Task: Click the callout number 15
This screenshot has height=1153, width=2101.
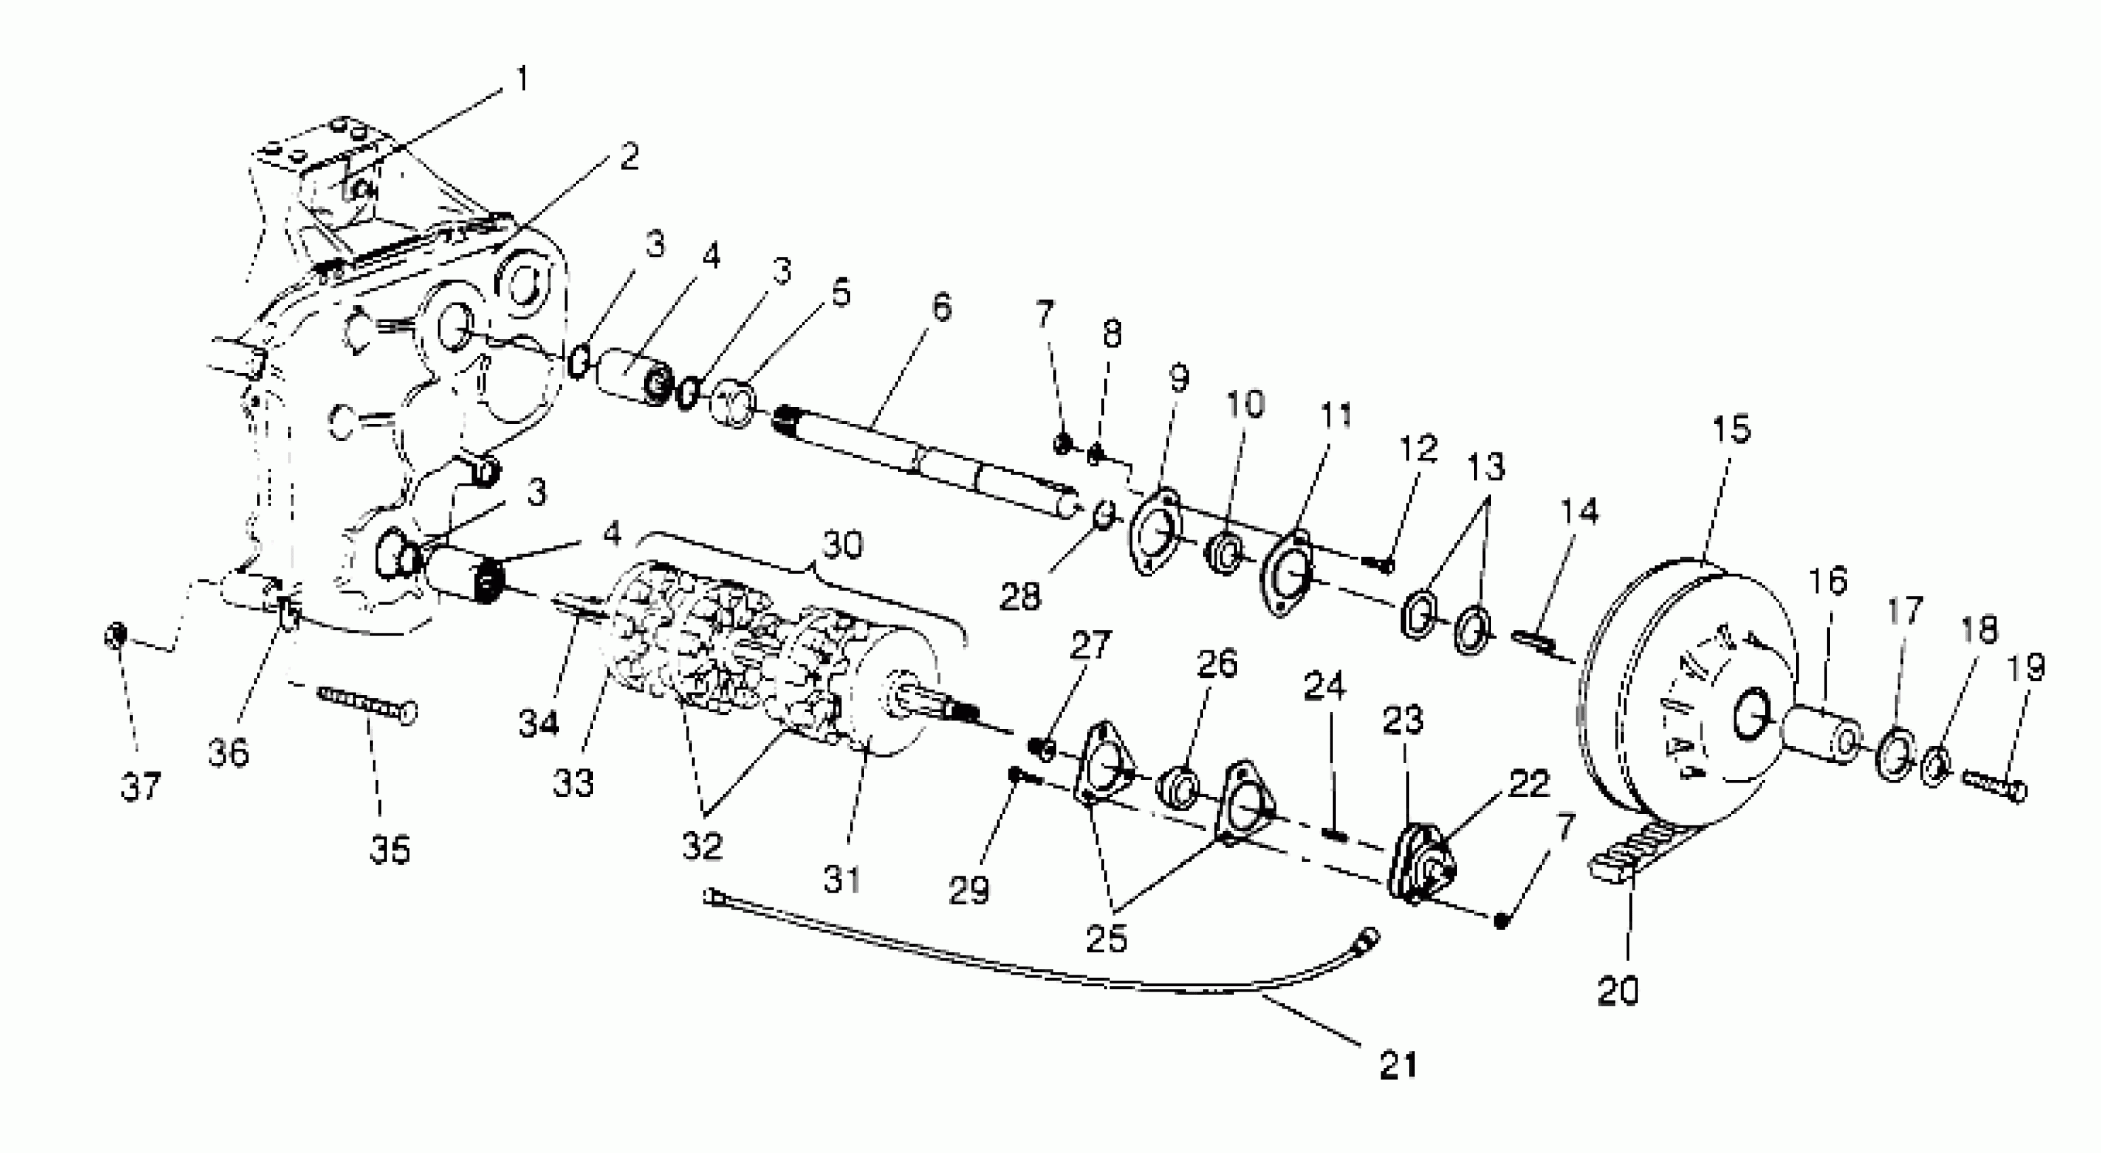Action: coord(1731,429)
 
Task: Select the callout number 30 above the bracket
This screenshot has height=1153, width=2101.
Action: coord(842,544)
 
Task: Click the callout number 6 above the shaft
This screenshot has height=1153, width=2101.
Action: coord(941,308)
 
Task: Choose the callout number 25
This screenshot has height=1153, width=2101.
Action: coord(1107,939)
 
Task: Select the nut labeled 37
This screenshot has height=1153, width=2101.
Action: coord(115,636)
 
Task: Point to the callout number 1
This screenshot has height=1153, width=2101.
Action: coord(522,80)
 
